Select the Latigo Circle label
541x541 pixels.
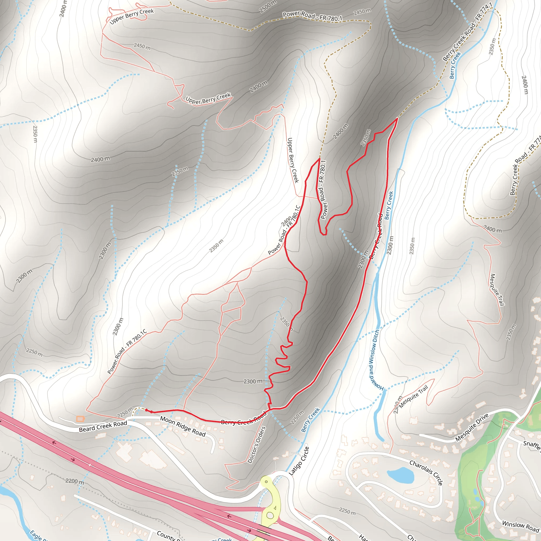pyautogui.click(x=299, y=461)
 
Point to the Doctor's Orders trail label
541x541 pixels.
pyautogui.click(x=256, y=445)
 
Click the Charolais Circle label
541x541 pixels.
pyautogui.click(x=426, y=472)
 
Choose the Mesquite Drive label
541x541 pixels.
pyautogui.click(x=472, y=427)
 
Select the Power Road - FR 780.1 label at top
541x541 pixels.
pyautogui.click(x=312, y=16)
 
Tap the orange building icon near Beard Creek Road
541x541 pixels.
pyautogui.click(x=80, y=419)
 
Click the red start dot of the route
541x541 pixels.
pyautogui.click(x=146, y=410)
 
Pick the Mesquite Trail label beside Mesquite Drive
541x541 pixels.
pyautogui.click(x=414, y=397)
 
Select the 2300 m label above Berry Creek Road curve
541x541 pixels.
pyautogui.click(x=253, y=381)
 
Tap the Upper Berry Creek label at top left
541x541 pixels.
pyautogui.click(x=132, y=16)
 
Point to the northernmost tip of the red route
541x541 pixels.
pyautogui.click(x=397, y=118)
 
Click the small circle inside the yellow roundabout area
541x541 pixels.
pyautogui.click(x=266, y=482)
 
